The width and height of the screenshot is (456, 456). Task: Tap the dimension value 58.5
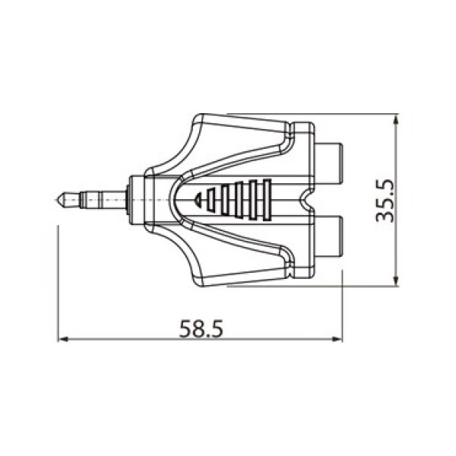click(201, 328)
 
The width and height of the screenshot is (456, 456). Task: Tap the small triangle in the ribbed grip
click(200, 201)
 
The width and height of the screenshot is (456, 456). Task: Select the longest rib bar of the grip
click(265, 201)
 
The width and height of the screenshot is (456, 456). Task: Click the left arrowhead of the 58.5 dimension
click(63, 340)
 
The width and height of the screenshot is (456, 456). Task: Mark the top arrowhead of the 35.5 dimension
click(396, 119)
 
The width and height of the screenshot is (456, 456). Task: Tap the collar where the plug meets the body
click(138, 201)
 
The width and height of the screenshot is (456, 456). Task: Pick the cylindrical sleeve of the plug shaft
click(106, 201)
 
